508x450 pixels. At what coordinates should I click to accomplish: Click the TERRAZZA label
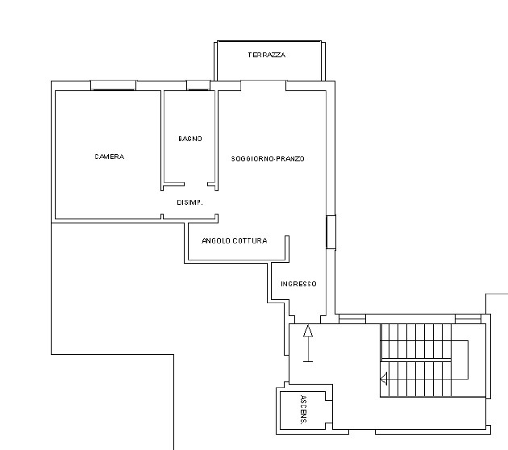[x=267, y=55]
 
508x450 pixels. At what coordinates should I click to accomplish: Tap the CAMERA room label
[x=110, y=156]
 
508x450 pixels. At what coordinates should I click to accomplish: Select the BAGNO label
[x=190, y=139]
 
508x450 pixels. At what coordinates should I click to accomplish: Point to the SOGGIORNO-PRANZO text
[x=268, y=159]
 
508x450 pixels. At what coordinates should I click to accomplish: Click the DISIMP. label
[x=189, y=202]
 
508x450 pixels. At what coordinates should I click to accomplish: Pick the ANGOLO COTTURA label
[x=234, y=240]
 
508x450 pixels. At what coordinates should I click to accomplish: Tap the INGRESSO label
[x=298, y=284]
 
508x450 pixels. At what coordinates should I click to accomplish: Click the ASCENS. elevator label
[x=303, y=410]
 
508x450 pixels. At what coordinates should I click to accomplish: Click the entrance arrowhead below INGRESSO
[x=308, y=331]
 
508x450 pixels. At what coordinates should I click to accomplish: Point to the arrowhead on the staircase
[x=384, y=379]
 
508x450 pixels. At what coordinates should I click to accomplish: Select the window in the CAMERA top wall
[x=113, y=85]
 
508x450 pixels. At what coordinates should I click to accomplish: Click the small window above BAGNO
[x=198, y=85]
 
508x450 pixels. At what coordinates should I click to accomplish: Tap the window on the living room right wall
[x=331, y=232]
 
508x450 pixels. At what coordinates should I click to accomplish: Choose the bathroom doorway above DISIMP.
[x=196, y=185]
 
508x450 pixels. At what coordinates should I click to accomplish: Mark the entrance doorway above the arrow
[x=308, y=319]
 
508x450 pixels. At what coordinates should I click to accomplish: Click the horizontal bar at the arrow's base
[x=308, y=361]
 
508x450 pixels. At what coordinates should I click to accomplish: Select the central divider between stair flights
[x=416, y=360]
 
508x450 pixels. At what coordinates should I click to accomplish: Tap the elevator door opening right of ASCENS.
[x=329, y=412]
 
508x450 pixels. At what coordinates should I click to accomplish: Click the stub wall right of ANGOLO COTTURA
[x=287, y=248]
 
